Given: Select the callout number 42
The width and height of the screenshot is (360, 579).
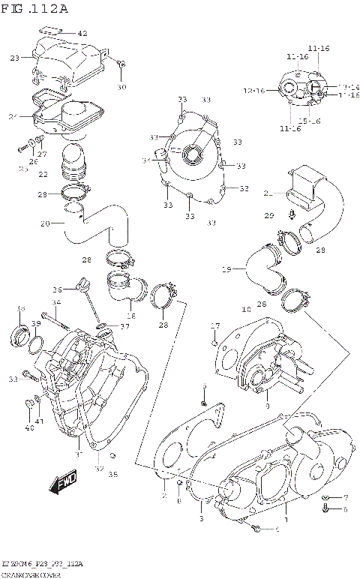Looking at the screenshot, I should (82, 34).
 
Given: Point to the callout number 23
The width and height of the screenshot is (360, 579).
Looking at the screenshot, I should (15, 58).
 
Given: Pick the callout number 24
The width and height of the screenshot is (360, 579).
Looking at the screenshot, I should (13, 116).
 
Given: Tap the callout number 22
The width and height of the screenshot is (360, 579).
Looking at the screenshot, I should (44, 175).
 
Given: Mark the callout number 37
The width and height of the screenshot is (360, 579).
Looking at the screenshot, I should (124, 326).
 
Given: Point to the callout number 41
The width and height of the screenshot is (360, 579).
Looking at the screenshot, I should (40, 421).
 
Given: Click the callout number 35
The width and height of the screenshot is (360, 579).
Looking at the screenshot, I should (113, 474).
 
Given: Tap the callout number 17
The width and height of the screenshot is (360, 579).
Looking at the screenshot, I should (214, 325).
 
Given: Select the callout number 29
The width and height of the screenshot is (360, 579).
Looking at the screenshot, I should (268, 216).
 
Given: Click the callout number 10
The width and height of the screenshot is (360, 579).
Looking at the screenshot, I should (246, 309).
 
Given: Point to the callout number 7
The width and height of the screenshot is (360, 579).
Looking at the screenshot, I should (346, 497).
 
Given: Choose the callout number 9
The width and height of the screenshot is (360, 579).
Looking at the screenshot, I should (267, 406).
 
